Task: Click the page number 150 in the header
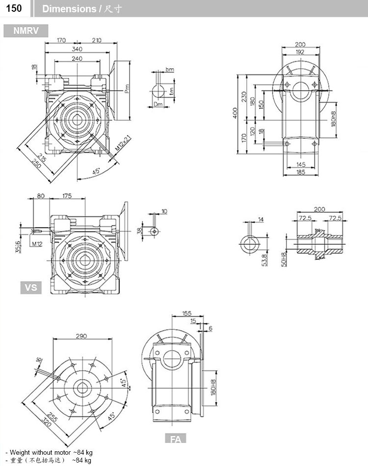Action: pyautogui.click(x=13, y=8)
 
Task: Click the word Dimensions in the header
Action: pyautogui.click(x=69, y=9)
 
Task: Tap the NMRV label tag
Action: pyautogui.click(x=26, y=31)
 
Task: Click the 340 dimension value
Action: pyautogui.click(x=77, y=49)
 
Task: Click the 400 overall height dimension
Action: pyautogui.click(x=236, y=113)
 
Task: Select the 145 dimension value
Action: pyautogui.click(x=300, y=164)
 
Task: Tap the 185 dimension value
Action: pyautogui.click(x=300, y=172)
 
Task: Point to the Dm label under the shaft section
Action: pyautogui.click(x=158, y=104)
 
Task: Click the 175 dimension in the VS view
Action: pyautogui.click(x=67, y=196)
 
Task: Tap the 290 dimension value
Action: pyautogui.click(x=81, y=336)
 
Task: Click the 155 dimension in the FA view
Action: pyautogui.click(x=186, y=312)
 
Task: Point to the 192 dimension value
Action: pyautogui.click(x=300, y=51)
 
